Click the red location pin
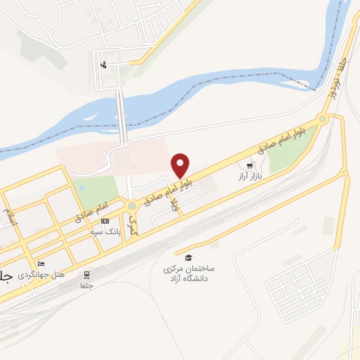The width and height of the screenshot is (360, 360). click(181, 165)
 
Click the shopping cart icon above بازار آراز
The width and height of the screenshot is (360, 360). click(249, 166)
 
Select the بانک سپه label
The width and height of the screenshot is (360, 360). click(105, 231)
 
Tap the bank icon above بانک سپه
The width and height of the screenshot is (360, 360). click(105, 221)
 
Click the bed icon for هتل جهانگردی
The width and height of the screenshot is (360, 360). click(41, 264)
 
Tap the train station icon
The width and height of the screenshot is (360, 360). click(87, 274)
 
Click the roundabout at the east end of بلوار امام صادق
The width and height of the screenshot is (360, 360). click(322, 120)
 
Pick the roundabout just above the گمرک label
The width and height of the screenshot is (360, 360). click(131, 206)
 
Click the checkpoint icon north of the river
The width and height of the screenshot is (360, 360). click(104, 66)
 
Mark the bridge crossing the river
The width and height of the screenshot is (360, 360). click(122, 116)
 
